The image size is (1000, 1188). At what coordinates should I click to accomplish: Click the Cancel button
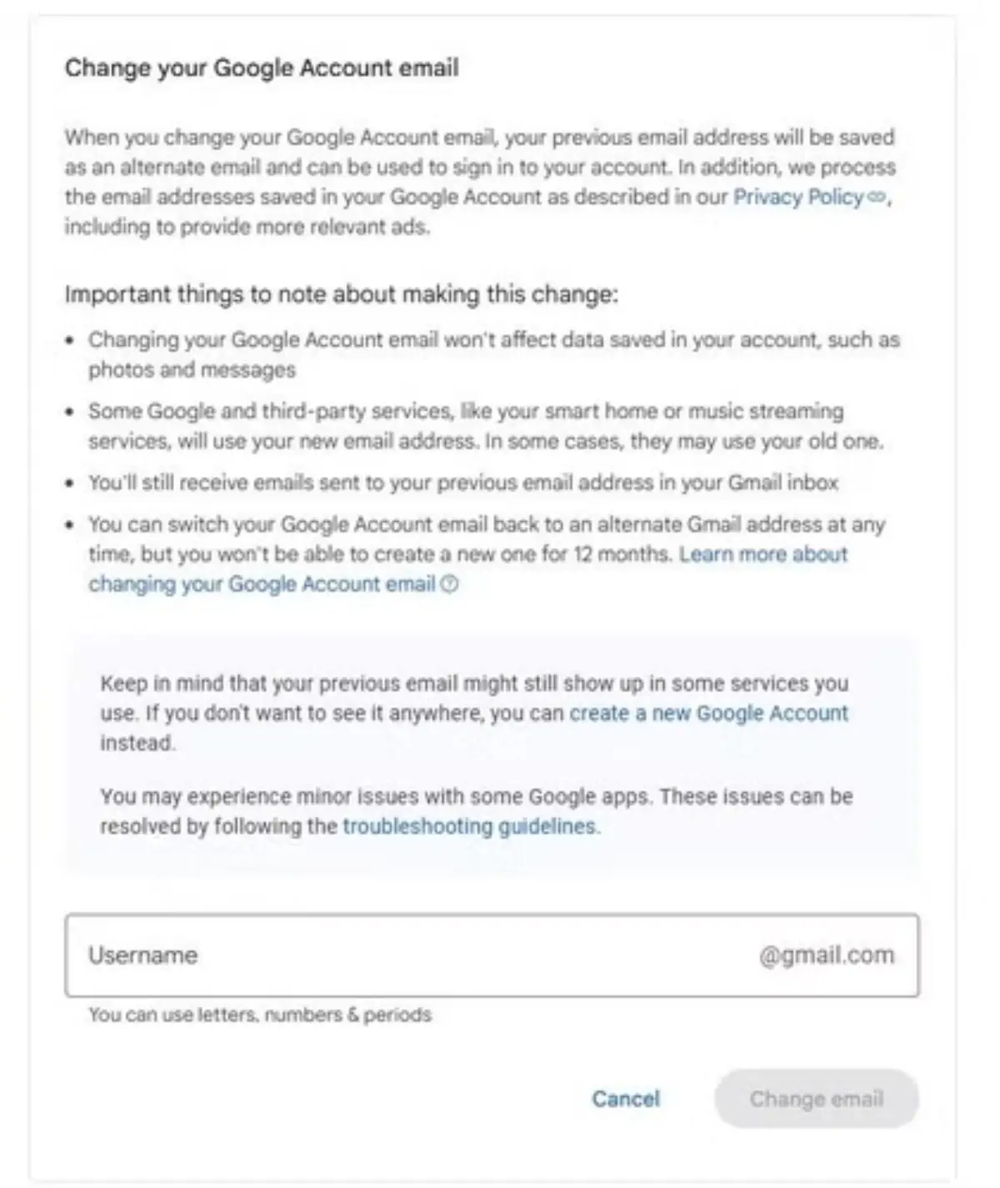click(x=625, y=1099)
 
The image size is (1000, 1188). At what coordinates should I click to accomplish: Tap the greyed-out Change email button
click(x=816, y=1099)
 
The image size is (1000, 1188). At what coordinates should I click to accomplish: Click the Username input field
click(x=417, y=955)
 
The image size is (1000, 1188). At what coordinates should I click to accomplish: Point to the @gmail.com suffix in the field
click(x=826, y=955)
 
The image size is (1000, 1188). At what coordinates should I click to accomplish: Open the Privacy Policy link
click(x=797, y=198)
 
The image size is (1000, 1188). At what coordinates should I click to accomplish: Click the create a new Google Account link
click(x=708, y=714)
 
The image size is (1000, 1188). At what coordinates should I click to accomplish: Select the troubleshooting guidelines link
click(x=471, y=827)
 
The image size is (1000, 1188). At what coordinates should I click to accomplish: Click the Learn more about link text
click(x=763, y=554)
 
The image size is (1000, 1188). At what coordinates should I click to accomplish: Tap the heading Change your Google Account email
click(x=262, y=68)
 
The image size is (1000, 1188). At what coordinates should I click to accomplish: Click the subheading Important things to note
click(x=341, y=294)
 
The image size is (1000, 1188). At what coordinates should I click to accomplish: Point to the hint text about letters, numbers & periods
click(x=260, y=1015)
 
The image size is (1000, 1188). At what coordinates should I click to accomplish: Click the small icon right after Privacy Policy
click(x=876, y=198)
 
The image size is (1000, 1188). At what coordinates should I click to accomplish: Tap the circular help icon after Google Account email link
click(x=449, y=584)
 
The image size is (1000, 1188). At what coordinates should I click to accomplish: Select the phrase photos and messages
click(x=192, y=370)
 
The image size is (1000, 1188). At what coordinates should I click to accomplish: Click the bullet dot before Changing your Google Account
click(x=70, y=341)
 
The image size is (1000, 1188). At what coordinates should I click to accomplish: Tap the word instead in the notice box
click(x=137, y=743)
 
